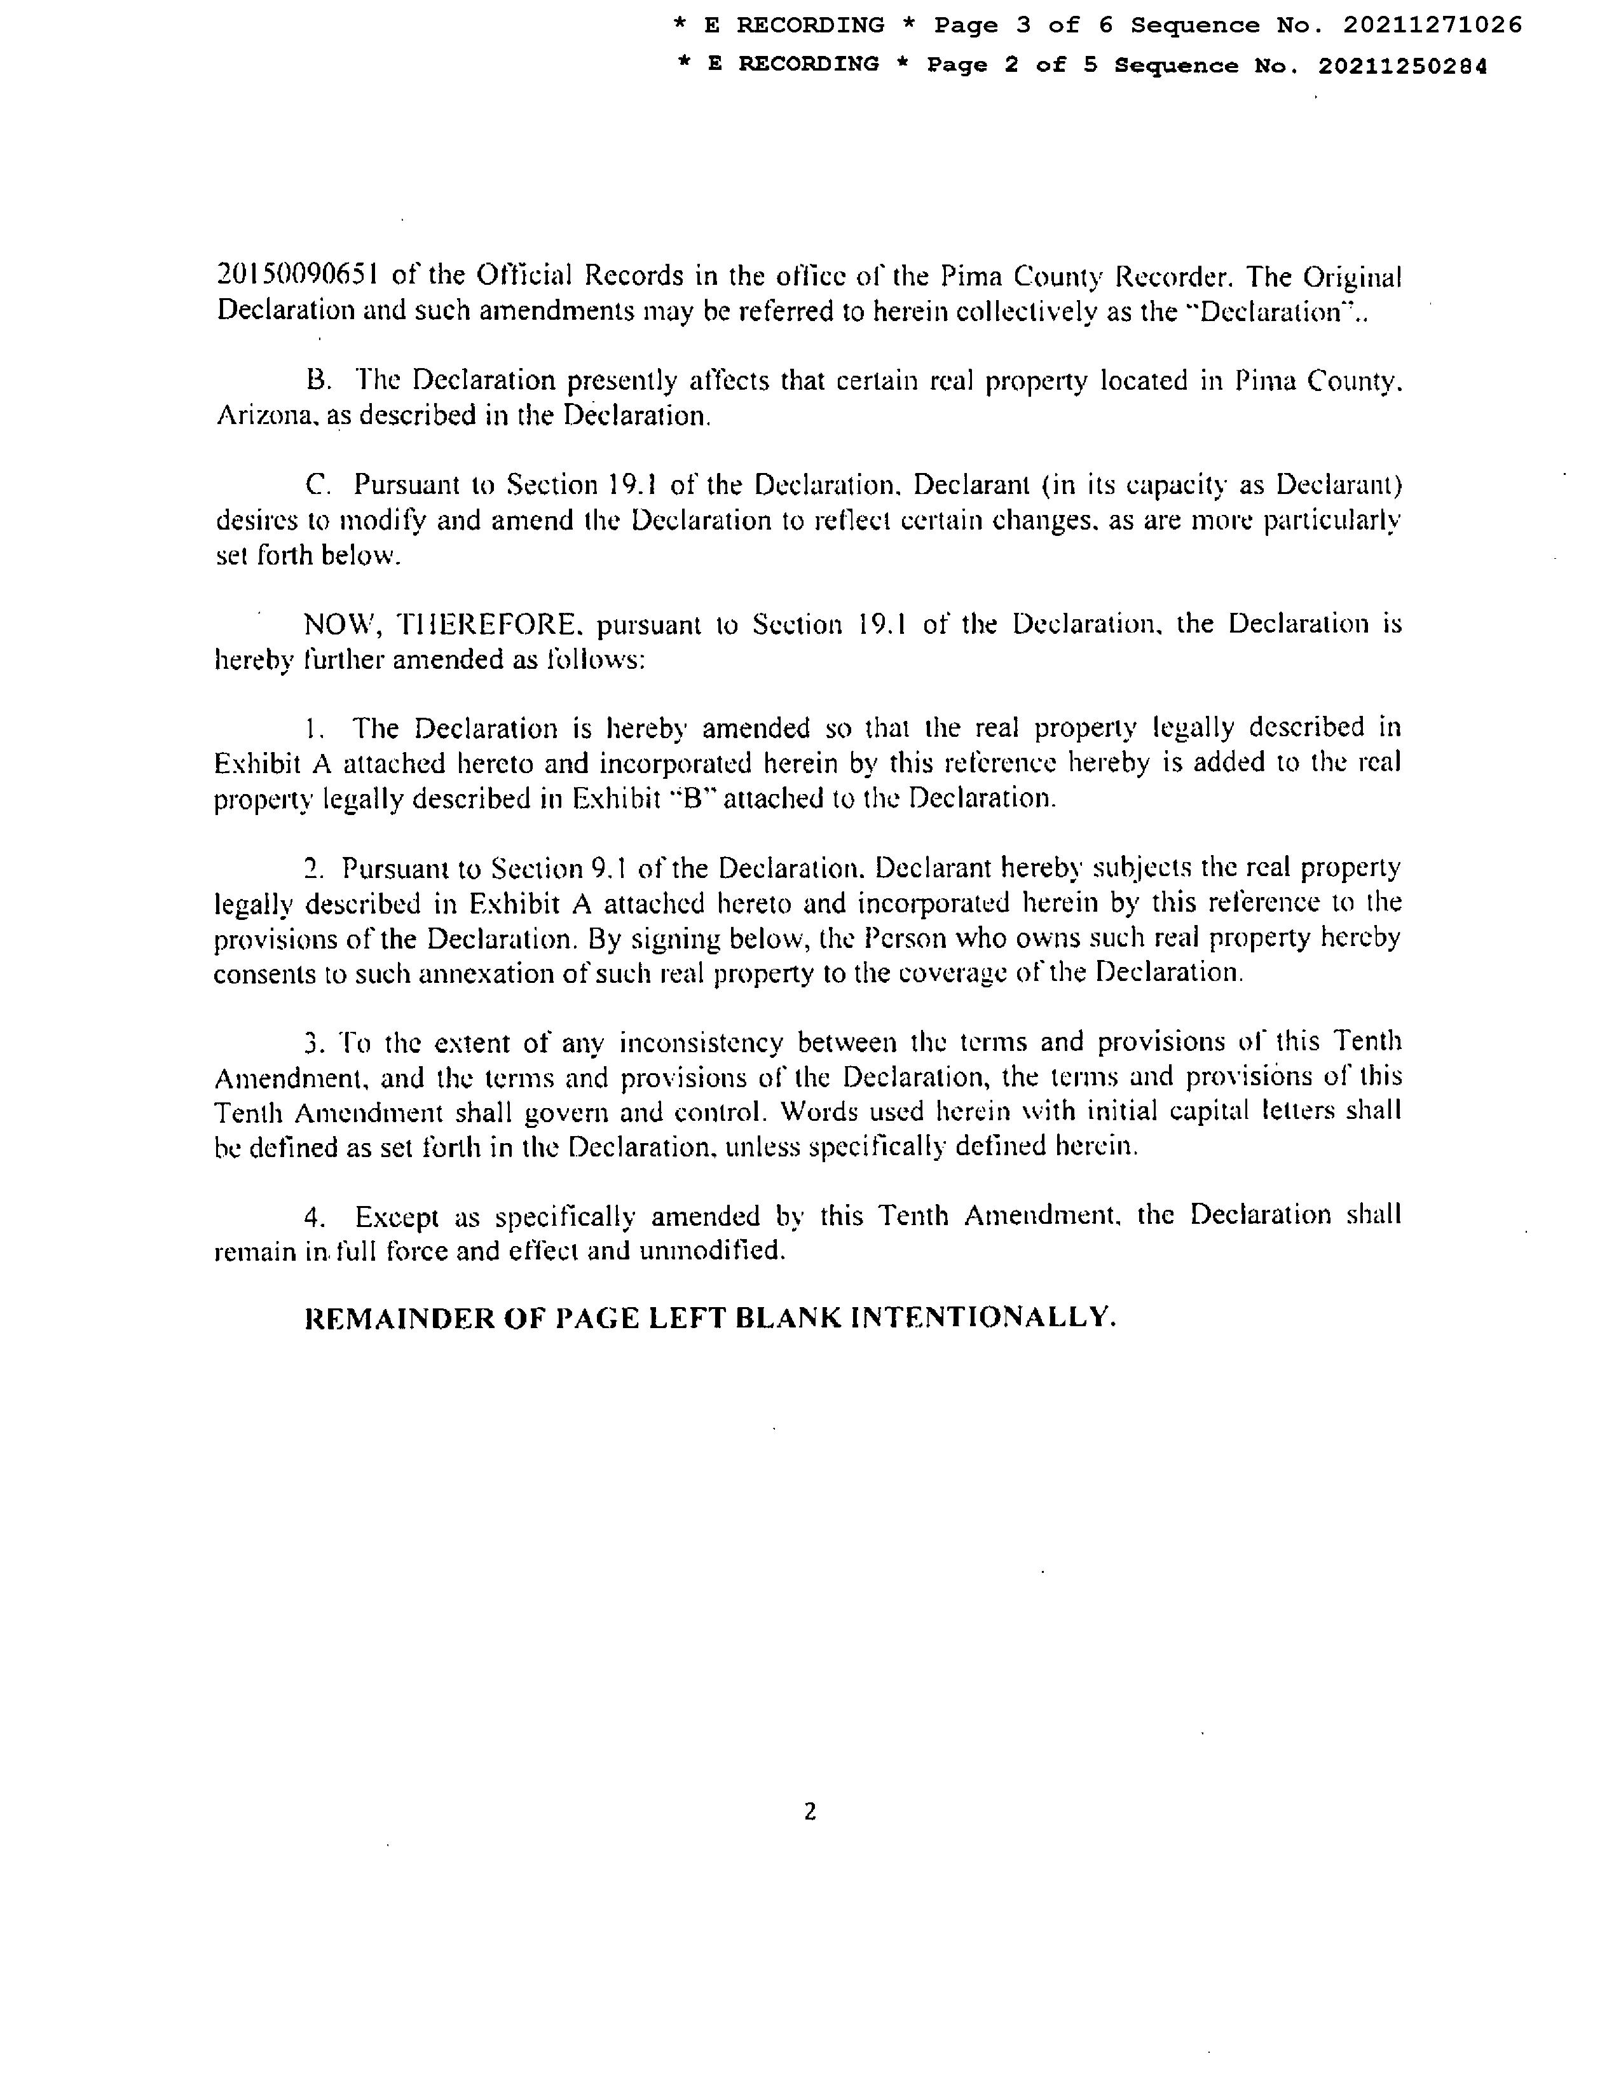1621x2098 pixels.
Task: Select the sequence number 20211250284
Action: click(x=1402, y=65)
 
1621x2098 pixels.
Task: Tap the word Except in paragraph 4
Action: click(x=397, y=1217)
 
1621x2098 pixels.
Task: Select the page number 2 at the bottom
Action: click(x=809, y=1812)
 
